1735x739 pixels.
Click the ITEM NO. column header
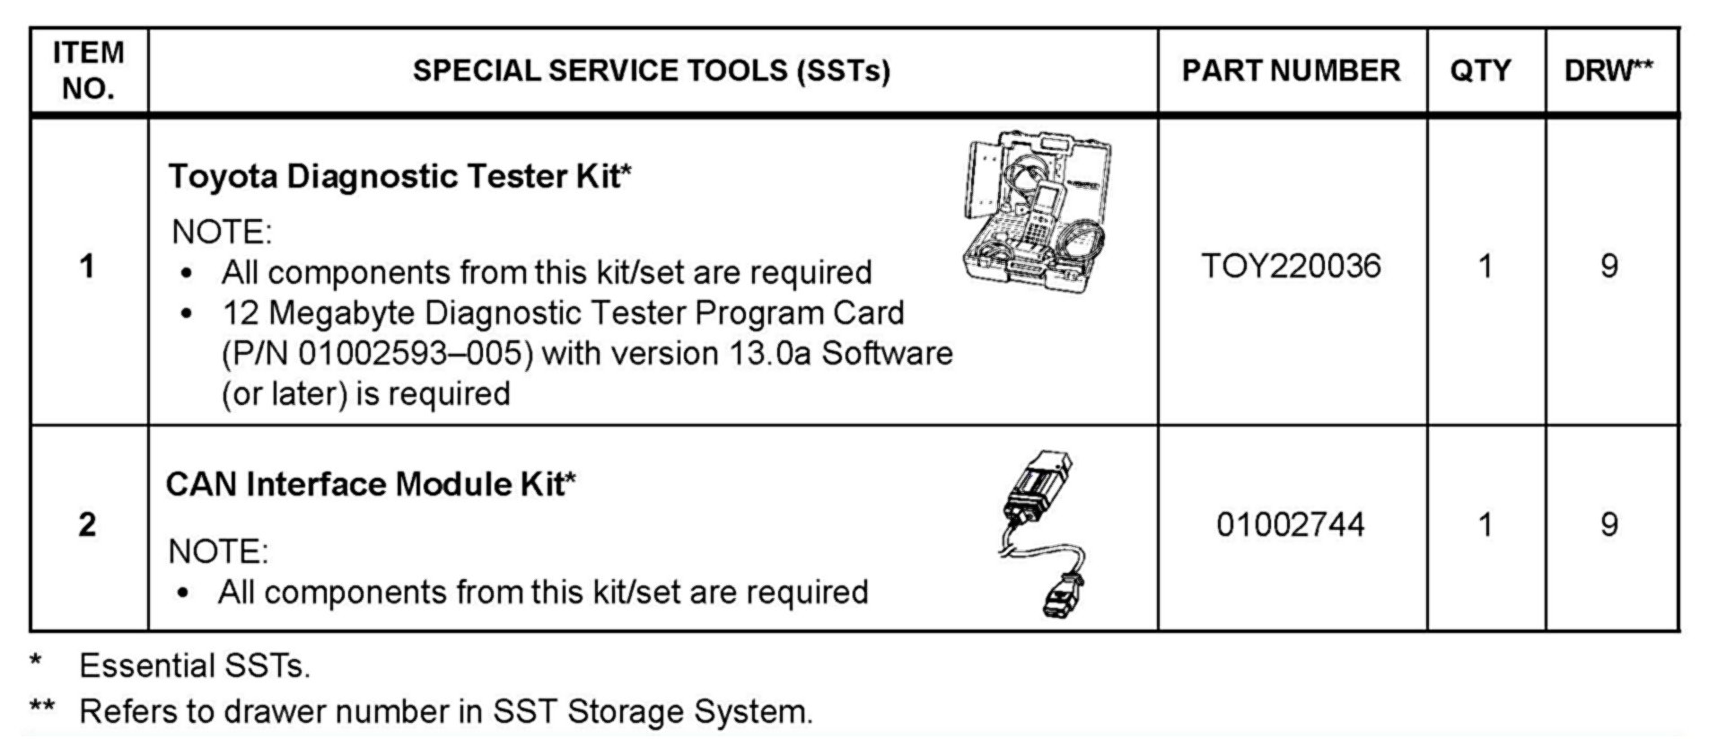(88, 70)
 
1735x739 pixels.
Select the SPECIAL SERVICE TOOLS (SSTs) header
(651, 71)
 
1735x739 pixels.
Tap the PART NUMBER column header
(1291, 71)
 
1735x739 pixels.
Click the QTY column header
(1480, 71)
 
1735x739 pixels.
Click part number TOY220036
(1291, 266)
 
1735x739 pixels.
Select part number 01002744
(1291, 524)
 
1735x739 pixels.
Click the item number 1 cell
(87, 267)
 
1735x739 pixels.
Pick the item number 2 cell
(87, 524)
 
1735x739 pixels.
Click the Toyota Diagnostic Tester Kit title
(399, 176)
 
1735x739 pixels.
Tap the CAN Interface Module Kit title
(371, 484)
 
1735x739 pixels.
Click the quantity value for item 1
(1485, 267)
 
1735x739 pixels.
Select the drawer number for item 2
(1609, 524)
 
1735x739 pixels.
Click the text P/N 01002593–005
(377, 353)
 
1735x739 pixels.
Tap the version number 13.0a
(770, 353)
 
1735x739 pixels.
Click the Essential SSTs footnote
(194, 666)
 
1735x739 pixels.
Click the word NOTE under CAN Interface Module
(217, 551)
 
